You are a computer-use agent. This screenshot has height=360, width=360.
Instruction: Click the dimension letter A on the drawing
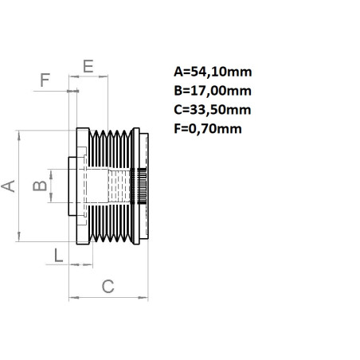pos(9,186)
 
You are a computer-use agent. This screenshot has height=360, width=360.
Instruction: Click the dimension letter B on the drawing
pos(37,186)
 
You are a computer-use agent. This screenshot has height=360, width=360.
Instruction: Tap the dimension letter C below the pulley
pos(108,284)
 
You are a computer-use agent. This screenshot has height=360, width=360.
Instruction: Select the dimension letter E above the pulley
pos(88,65)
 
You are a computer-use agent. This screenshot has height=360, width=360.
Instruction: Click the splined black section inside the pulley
pos(143,186)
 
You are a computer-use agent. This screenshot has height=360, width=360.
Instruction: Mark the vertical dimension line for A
pos(19,186)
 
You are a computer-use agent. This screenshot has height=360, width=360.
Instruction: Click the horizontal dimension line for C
pos(108,298)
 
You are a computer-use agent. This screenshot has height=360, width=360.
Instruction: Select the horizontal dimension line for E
pos(88,76)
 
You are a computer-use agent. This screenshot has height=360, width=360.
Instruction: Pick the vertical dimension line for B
pos(49,186)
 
